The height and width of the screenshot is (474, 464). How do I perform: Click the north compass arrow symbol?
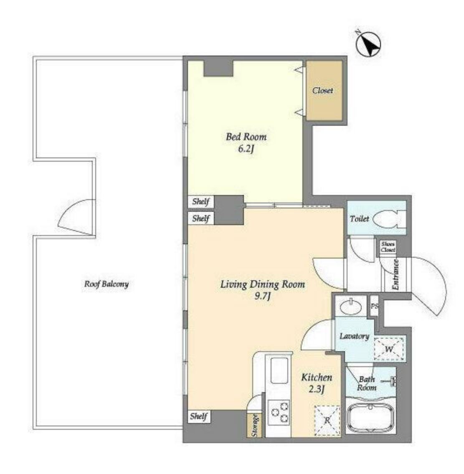(368, 44)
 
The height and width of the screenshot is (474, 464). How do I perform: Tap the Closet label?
(322, 90)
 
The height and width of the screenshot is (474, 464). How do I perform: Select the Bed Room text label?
(246, 137)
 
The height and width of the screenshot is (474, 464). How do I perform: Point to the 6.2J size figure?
(246, 149)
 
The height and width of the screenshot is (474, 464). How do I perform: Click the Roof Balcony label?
(106, 284)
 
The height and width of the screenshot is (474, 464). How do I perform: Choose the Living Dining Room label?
(262, 284)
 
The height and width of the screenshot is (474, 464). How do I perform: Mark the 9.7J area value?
(262, 296)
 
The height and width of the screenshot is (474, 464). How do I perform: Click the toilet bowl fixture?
(388, 219)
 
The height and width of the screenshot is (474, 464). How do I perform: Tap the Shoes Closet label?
(388, 247)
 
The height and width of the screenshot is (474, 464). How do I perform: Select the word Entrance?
(396, 275)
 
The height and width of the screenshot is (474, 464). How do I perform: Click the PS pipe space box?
(375, 306)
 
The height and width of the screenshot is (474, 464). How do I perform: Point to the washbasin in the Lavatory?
(351, 307)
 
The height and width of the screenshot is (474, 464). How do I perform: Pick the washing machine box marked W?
(389, 349)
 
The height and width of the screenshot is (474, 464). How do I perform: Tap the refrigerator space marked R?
(327, 420)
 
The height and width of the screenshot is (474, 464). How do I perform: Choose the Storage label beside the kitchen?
(254, 425)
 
